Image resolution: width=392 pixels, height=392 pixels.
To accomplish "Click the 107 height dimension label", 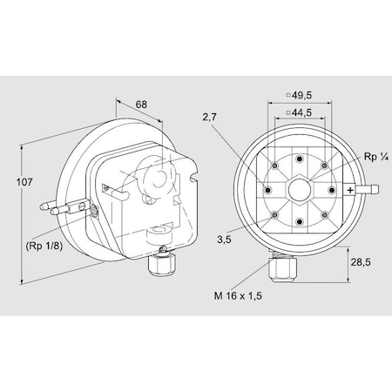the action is pyautogui.click(x=24, y=182).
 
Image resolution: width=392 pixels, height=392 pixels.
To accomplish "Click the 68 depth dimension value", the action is pyautogui.click(x=141, y=105).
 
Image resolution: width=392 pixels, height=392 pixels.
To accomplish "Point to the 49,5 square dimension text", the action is pyautogui.click(x=301, y=95).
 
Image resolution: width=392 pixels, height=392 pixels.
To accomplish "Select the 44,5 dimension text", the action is pyautogui.click(x=301, y=112).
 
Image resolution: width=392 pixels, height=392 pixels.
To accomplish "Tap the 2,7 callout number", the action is pyautogui.click(x=210, y=117).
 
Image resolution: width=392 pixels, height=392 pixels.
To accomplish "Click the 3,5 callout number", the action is pyautogui.click(x=224, y=240).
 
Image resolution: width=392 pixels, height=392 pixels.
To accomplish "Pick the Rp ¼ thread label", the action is pyautogui.click(x=376, y=157).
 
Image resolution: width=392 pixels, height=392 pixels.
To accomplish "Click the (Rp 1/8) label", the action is pyautogui.click(x=44, y=247).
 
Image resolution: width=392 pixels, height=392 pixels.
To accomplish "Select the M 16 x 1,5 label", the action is pyautogui.click(x=238, y=295).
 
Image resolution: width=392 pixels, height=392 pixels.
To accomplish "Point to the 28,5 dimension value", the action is pyautogui.click(x=361, y=262).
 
